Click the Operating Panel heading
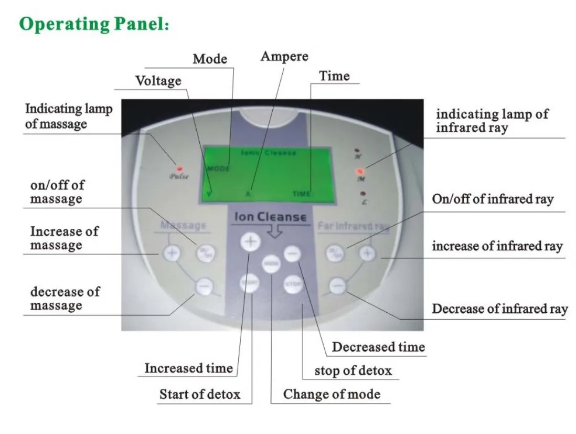pos(94,25)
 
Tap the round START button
pos(250,283)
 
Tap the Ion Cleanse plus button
pos(250,242)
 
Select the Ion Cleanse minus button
pos(293,254)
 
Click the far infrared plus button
pos(368,253)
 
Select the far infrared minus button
pos(338,286)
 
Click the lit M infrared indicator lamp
pos(360,171)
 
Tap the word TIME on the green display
pos(302,194)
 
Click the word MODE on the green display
pos(218,169)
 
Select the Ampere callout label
pos(284,56)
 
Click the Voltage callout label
pos(158,81)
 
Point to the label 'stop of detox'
pos(353,371)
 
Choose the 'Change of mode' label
pos(332,394)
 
